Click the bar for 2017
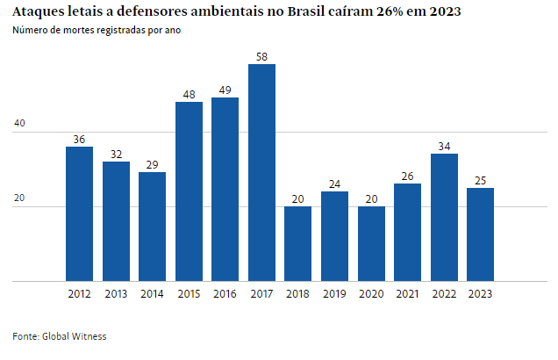[x=261, y=173]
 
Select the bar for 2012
[x=79, y=213]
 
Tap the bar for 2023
[x=480, y=234]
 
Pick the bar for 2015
[x=189, y=191]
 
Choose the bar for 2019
[x=334, y=236]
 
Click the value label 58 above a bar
[x=261, y=56]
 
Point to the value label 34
[x=444, y=146]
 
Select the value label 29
[x=152, y=164]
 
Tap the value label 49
[x=225, y=90]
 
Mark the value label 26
[x=407, y=176]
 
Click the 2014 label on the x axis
[x=152, y=294]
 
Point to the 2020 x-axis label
[x=371, y=294]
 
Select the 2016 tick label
[x=225, y=294]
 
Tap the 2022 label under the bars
[x=444, y=294]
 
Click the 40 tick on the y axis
[x=18, y=126]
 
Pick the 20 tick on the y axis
[x=18, y=200]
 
